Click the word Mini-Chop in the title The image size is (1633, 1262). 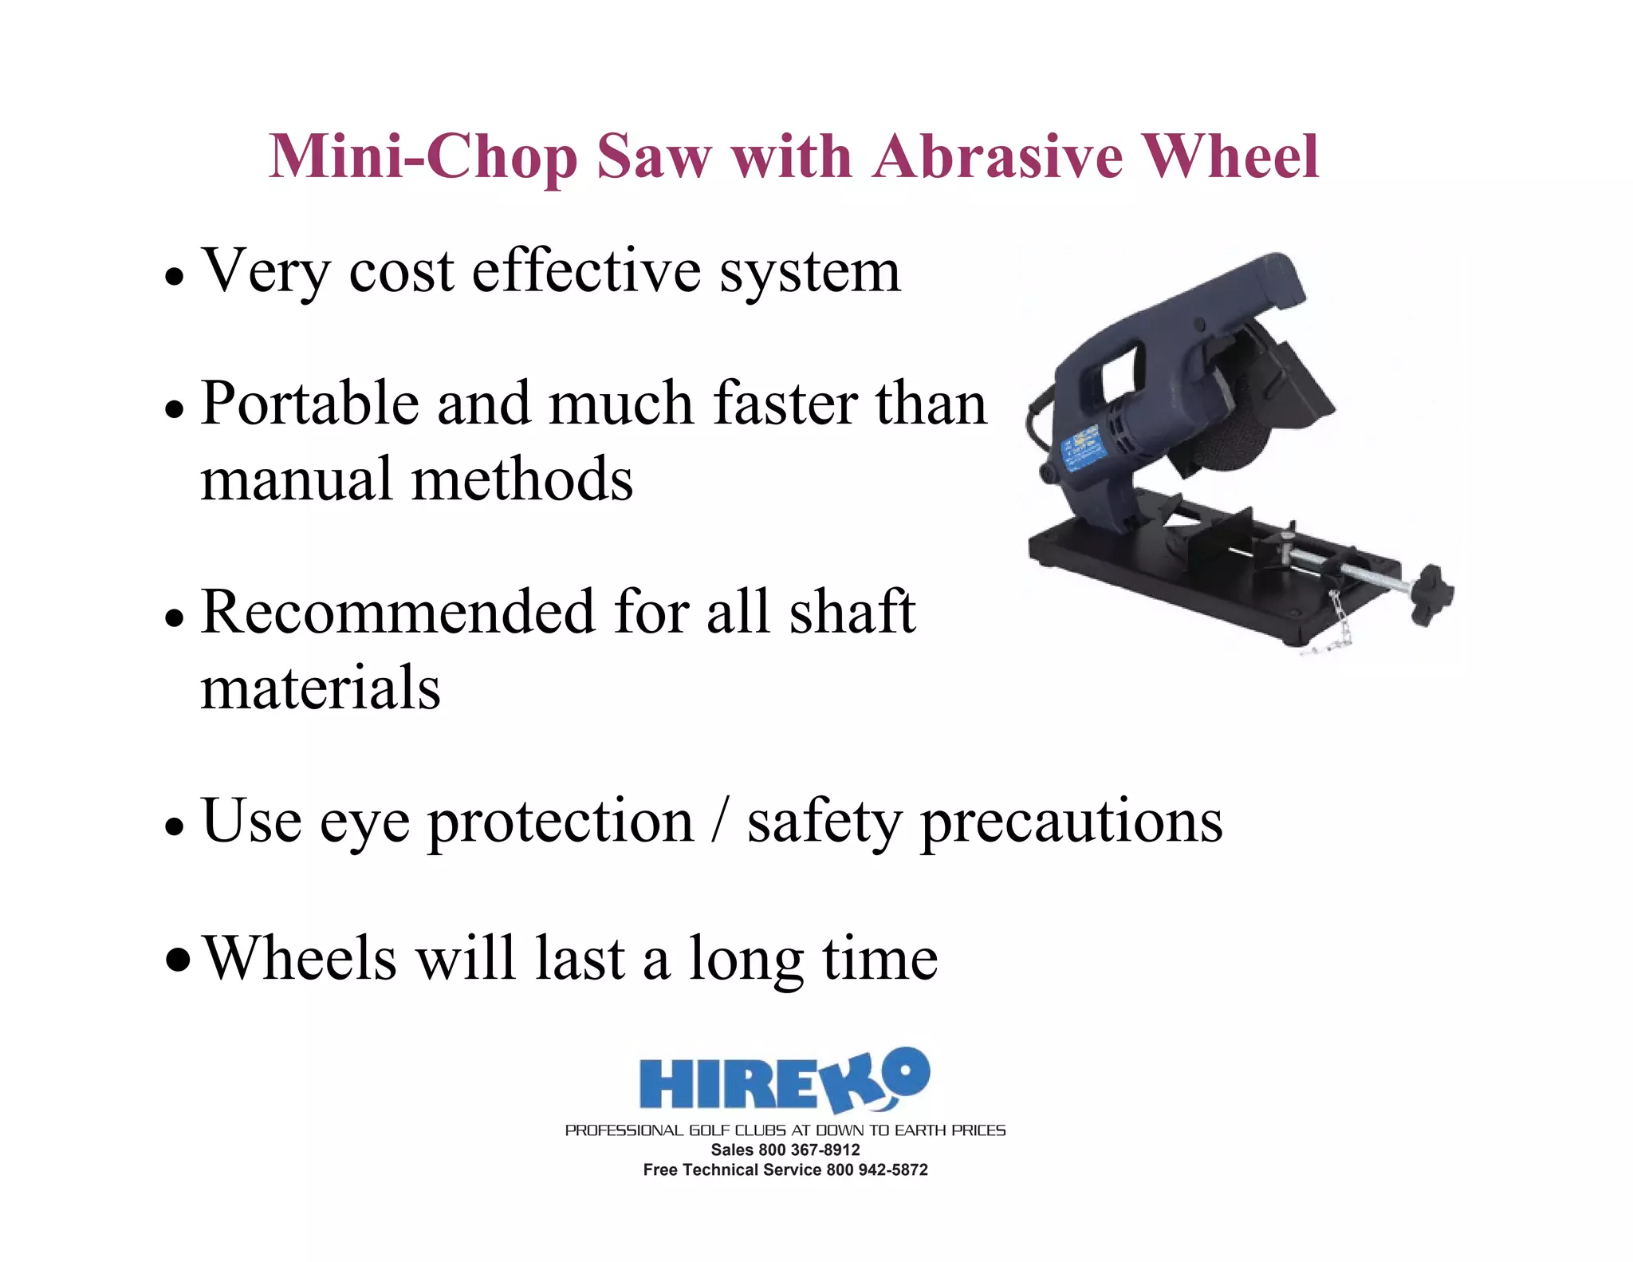(x=423, y=157)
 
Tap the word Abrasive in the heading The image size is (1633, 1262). (x=998, y=156)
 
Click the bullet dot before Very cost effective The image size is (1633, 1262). (x=175, y=278)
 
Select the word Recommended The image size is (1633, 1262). (x=398, y=612)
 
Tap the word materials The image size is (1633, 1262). (x=321, y=688)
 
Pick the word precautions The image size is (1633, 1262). (x=1072, y=822)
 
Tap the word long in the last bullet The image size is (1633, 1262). (x=746, y=960)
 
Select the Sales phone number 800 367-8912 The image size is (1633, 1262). (x=809, y=1150)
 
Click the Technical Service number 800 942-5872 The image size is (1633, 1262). (x=876, y=1169)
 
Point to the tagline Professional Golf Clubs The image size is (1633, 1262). (x=785, y=1130)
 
